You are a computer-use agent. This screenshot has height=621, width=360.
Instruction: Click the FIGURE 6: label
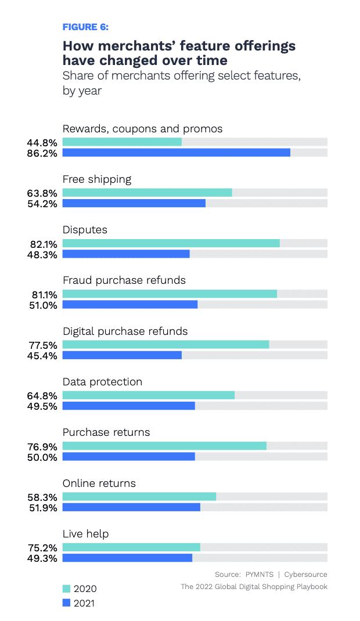point(85,27)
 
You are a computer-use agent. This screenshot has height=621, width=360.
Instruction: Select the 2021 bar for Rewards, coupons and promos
point(176,153)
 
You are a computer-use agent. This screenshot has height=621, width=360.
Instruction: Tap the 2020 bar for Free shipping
point(147,193)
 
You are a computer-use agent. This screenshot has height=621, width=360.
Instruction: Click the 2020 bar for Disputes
point(171,243)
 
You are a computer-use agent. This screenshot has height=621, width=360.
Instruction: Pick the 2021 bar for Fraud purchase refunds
point(129,305)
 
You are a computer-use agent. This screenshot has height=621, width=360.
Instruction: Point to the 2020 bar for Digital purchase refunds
point(165,345)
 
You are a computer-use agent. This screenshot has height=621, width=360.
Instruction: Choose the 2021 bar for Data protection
point(128,406)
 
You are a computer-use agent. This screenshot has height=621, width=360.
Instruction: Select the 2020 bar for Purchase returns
point(164,446)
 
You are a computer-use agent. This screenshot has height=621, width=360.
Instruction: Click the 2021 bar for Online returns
point(131,507)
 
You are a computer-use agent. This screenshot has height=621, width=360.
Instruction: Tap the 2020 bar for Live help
point(131,547)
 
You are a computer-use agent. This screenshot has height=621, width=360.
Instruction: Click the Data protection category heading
point(102,382)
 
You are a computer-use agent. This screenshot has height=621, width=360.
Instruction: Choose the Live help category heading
point(85,534)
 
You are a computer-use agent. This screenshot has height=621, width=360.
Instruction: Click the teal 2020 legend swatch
point(66,588)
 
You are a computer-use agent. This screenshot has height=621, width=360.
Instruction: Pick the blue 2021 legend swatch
point(66,603)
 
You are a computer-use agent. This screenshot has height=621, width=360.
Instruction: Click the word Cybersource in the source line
point(305,575)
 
